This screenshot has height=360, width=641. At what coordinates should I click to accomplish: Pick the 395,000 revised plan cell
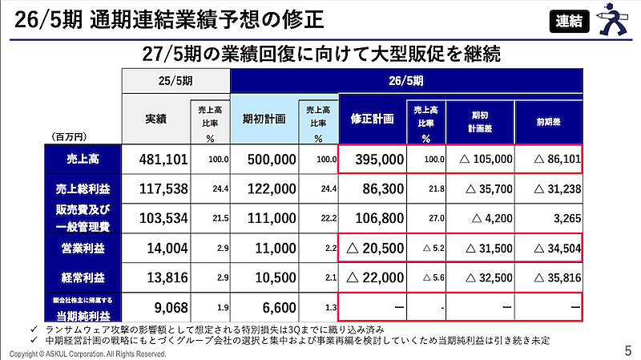373,160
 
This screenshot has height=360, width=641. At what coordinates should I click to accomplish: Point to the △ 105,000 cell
481,160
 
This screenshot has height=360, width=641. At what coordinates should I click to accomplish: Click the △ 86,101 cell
550,160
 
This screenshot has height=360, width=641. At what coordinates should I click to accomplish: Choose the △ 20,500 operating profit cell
373,249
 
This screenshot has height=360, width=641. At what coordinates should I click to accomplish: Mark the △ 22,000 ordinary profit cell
373,277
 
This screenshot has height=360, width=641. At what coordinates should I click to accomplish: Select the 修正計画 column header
373,118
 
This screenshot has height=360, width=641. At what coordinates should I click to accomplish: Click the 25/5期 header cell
175,80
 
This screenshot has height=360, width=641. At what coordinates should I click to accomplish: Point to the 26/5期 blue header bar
405,80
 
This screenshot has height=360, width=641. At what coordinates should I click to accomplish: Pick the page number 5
627,350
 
